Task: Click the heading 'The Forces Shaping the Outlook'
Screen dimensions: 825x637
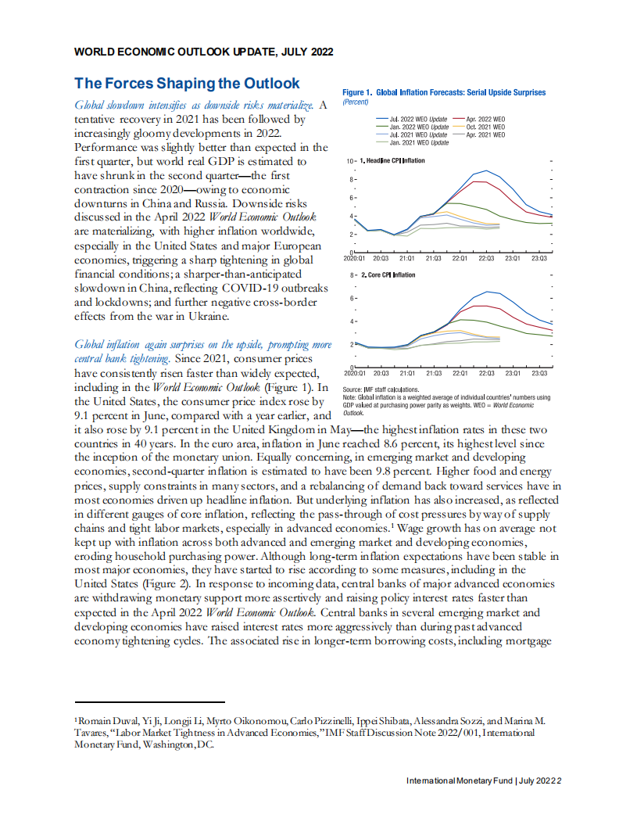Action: tap(186, 84)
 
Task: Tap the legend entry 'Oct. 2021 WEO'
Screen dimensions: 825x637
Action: tap(485, 126)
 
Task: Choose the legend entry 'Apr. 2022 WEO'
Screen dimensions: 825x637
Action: tap(485, 117)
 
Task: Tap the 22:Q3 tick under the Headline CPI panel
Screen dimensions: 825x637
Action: tap(485, 256)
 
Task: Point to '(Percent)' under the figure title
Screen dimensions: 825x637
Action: tap(356, 102)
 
